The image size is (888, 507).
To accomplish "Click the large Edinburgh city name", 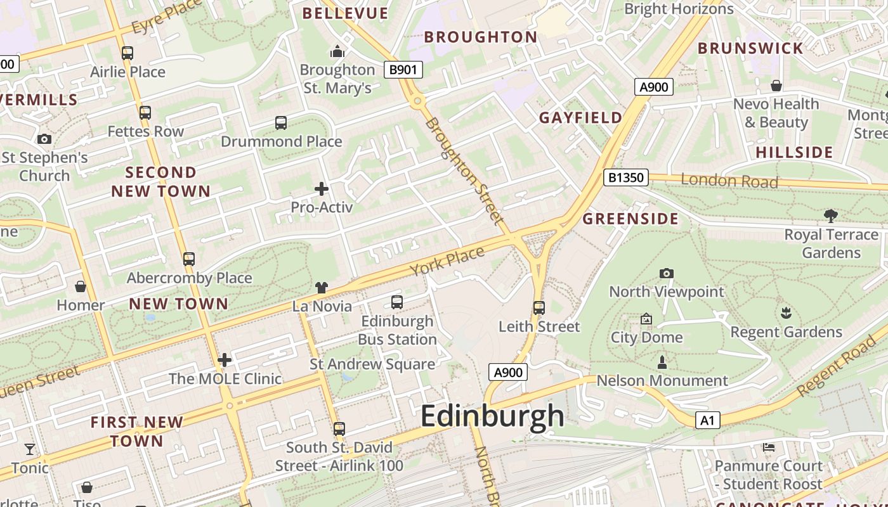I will [x=492, y=416].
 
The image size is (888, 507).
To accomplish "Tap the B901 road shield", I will [x=403, y=70].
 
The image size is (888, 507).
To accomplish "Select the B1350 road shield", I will [x=625, y=177].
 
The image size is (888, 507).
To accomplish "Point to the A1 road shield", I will [x=708, y=420].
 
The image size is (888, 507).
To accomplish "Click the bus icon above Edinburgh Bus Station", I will [x=397, y=302].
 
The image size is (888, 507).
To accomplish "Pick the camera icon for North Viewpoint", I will [x=666, y=273].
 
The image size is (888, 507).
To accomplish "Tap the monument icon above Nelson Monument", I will [x=662, y=363].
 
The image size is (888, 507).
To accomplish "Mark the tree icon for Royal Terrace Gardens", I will [x=831, y=216].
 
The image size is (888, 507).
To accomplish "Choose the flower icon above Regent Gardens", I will [x=786, y=313].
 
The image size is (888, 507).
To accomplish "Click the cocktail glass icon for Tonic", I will [x=30, y=449].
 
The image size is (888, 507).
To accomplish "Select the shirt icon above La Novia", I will [x=322, y=288].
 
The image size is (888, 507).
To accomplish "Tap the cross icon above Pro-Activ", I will [x=322, y=188].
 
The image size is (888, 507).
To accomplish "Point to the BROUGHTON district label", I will [x=481, y=37].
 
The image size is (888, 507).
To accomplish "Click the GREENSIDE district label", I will [x=630, y=219].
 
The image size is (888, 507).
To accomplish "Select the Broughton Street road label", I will [x=465, y=171].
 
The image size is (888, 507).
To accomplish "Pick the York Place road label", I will [x=447, y=261].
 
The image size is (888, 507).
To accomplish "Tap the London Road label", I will [x=729, y=181].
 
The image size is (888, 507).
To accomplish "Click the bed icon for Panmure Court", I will [x=768, y=447].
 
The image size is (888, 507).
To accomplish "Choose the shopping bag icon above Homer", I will [x=81, y=286].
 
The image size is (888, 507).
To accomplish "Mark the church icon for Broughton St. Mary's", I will [x=337, y=51].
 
